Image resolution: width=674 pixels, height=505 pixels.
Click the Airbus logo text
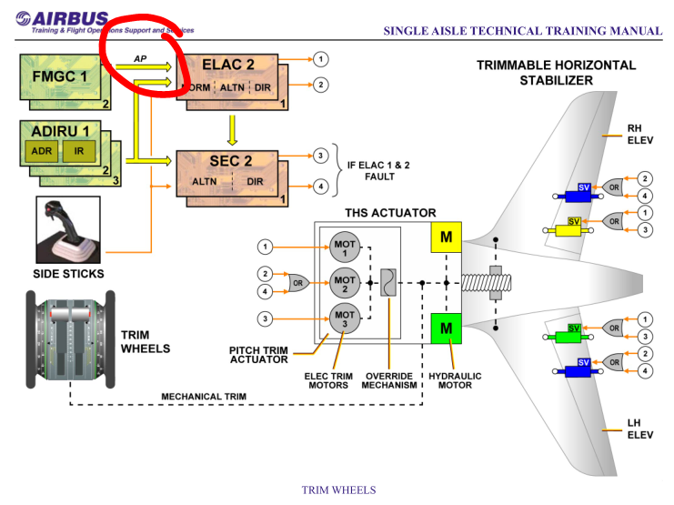pyautogui.click(x=69, y=19)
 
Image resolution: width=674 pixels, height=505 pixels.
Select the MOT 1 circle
pyautogui.click(x=344, y=247)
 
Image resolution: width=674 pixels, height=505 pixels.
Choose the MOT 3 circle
pyautogui.click(x=344, y=318)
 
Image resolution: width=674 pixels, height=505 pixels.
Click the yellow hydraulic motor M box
pyautogui.click(x=447, y=237)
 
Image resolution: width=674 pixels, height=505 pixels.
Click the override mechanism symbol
pyautogui.click(x=387, y=283)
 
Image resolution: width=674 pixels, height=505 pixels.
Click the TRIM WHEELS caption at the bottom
pyautogui.click(x=337, y=490)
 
